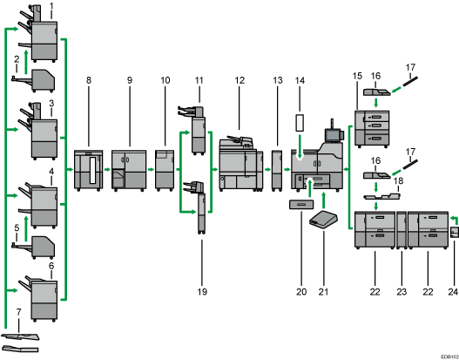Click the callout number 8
point(88,80)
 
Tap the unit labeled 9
point(129,169)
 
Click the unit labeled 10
point(165,169)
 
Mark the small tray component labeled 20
point(300,205)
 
